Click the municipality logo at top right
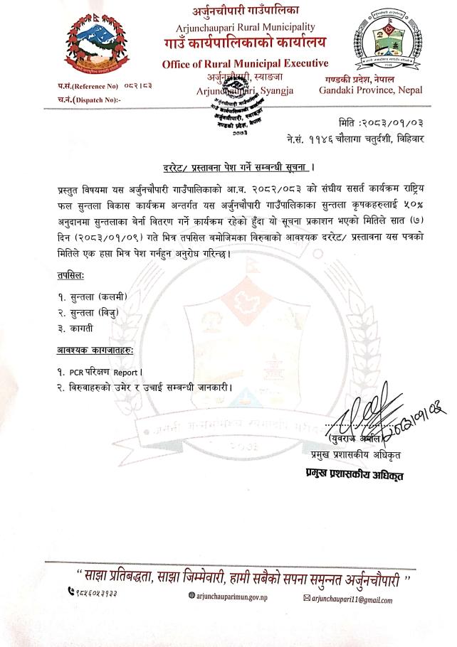389,43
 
